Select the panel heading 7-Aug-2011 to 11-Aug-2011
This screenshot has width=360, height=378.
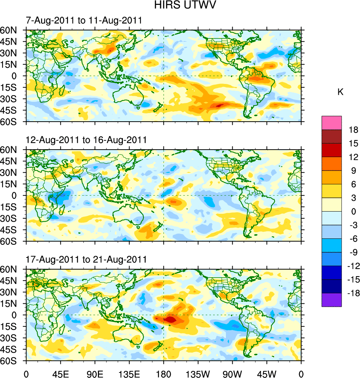click(x=84, y=20)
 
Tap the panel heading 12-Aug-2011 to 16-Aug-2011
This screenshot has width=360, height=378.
click(x=86, y=140)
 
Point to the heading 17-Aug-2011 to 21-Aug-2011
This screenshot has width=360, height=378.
click(x=86, y=259)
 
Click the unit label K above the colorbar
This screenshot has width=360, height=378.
click(x=340, y=92)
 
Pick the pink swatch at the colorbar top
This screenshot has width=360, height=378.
click(x=332, y=122)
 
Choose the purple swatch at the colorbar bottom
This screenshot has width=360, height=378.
click(x=332, y=300)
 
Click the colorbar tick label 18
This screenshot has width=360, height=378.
click(x=353, y=130)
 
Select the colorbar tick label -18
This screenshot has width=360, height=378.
click(x=352, y=293)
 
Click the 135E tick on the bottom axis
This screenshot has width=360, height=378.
click(x=129, y=373)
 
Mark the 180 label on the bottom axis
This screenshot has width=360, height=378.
click(x=164, y=373)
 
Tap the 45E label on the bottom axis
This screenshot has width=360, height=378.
click(x=60, y=373)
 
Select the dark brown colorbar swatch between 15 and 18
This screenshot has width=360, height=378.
click(x=332, y=136)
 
